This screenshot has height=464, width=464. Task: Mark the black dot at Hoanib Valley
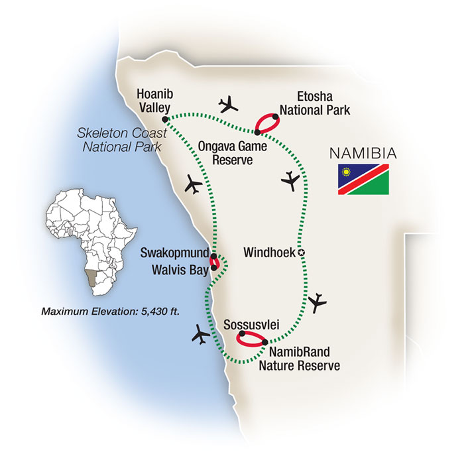[164, 119]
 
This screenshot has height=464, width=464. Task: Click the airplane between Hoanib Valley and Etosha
[229, 103]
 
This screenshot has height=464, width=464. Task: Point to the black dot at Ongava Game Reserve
[257, 132]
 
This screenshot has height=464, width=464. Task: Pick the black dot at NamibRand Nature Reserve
[264, 343]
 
